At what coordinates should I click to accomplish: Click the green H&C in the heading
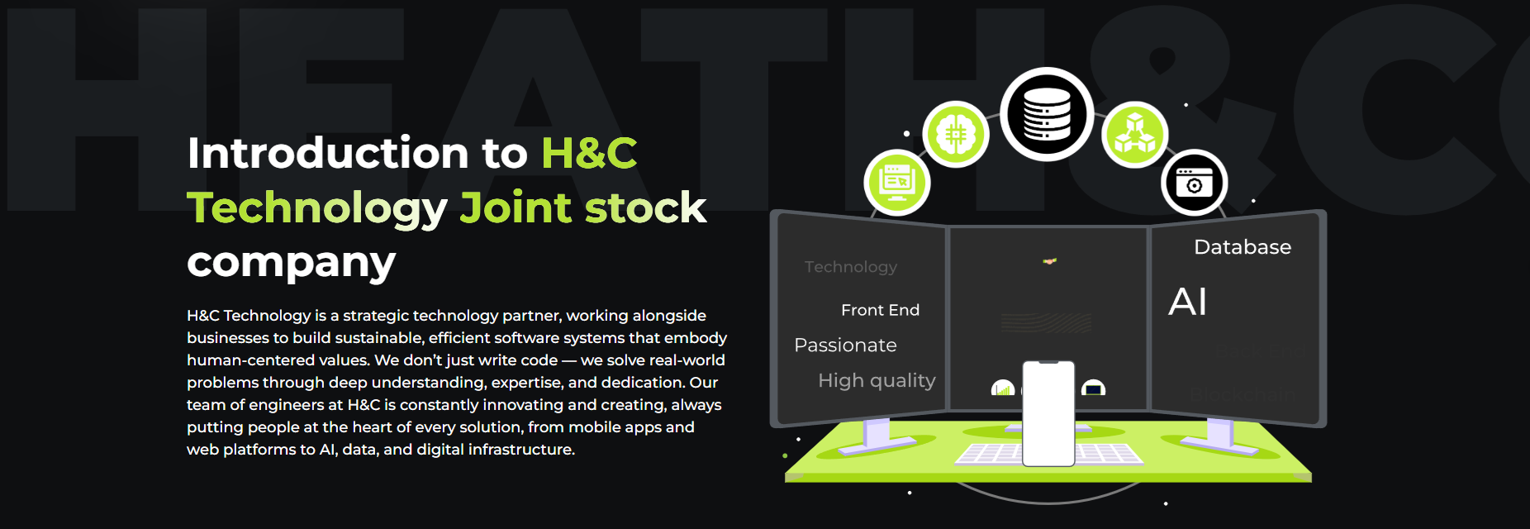589,154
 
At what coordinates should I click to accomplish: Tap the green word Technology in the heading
316,208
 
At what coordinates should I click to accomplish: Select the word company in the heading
291,263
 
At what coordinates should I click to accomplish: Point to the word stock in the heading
645,208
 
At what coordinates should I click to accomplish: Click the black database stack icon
1047,114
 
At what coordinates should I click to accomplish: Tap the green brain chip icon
956,134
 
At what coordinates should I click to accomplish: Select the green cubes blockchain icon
1134,134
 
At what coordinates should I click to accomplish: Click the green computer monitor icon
897,182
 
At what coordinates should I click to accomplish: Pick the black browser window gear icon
1194,182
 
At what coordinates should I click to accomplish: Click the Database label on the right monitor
1242,247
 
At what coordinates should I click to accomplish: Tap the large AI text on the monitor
1187,302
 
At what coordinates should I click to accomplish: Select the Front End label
880,310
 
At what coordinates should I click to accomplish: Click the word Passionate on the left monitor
845,346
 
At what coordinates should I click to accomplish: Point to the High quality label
877,380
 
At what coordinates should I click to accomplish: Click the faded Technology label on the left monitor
850,267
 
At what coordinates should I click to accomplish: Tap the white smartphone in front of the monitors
1048,413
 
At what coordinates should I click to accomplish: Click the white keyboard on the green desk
991,454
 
